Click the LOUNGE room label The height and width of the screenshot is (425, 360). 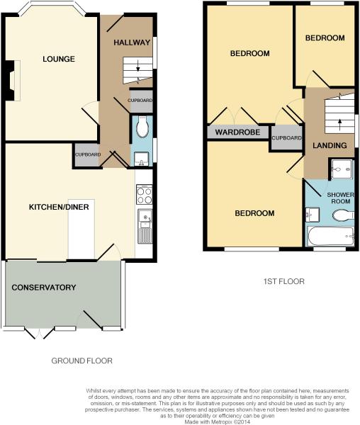(x=59, y=59)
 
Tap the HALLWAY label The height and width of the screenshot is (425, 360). (x=132, y=42)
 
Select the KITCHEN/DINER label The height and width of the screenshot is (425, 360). (x=59, y=207)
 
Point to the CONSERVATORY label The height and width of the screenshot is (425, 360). (x=44, y=288)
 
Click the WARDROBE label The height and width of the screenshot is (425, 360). (x=237, y=132)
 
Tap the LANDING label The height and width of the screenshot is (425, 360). (x=330, y=145)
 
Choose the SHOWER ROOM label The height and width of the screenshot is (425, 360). (x=340, y=198)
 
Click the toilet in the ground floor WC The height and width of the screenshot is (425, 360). (x=142, y=127)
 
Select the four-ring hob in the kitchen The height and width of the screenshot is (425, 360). (x=145, y=194)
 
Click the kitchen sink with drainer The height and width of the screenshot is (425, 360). (x=145, y=226)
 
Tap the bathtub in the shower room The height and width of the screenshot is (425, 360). (x=330, y=237)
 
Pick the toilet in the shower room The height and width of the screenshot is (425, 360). (x=343, y=216)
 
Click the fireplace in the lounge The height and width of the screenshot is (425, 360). (x=12, y=81)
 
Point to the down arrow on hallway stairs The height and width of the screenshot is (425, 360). (x=138, y=66)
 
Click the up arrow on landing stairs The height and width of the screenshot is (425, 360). (x=339, y=125)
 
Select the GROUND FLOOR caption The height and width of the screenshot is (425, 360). (x=82, y=361)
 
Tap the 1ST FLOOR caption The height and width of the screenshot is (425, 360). (x=284, y=281)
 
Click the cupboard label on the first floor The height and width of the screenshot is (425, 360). (x=286, y=138)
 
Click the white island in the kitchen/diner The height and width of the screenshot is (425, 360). (x=81, y=229)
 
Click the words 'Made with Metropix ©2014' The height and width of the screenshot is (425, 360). (x=217, y=421)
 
